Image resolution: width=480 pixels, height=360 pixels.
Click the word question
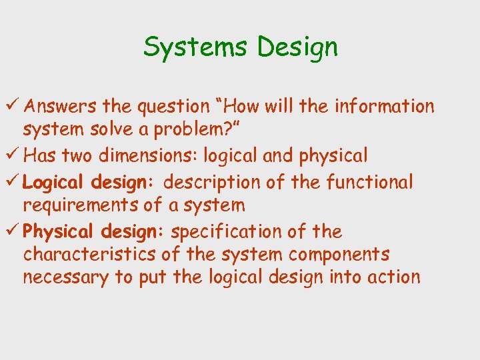click(x=171, y=107)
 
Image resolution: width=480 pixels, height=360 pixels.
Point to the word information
click(x=384, y=106)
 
